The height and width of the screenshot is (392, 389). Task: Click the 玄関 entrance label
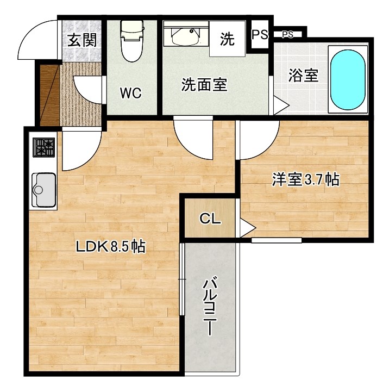coord(82,40)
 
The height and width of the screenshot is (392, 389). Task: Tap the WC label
coord(131,93)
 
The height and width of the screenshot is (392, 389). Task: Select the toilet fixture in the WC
coord(131,41)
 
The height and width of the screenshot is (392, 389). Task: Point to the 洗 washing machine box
coord(227,39)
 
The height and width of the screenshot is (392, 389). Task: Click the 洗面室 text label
coord(204,85)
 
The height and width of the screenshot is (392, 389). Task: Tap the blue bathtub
coord(348,78)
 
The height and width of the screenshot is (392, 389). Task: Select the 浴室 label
coord(303,75)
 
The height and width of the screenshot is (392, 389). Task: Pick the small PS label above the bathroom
coord(288,35)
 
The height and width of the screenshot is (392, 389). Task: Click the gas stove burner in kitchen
coord(45,147)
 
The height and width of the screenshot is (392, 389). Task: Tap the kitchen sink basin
coord(43,190)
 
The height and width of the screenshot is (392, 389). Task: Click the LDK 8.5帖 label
coord(110,246)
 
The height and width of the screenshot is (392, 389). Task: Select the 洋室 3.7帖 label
coord(305,180)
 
